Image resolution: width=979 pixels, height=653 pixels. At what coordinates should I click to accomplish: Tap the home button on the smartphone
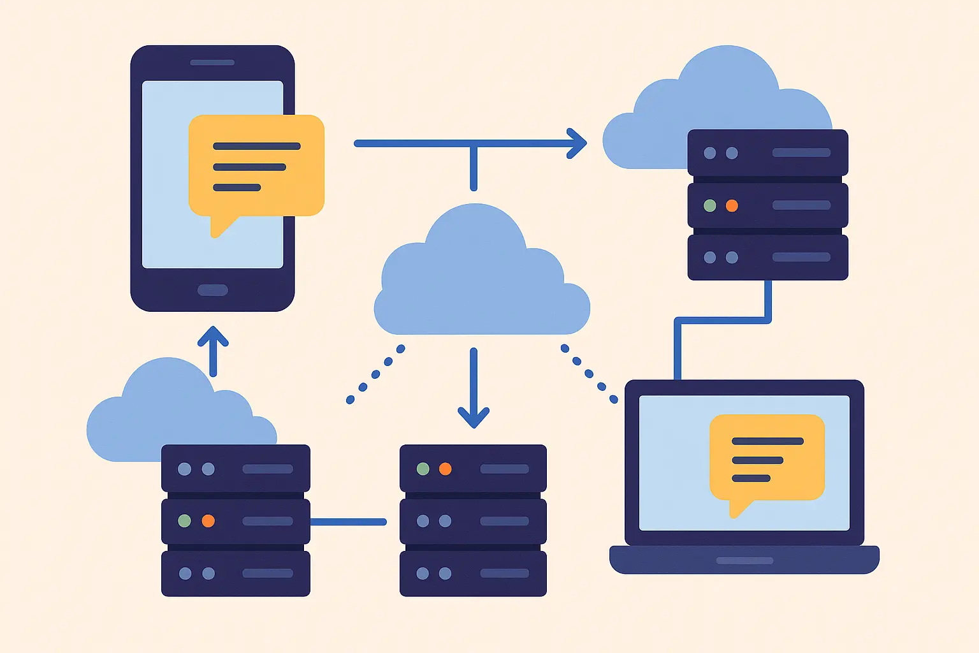click(213, 290)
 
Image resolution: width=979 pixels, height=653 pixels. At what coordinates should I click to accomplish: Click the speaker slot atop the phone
click(212, 62)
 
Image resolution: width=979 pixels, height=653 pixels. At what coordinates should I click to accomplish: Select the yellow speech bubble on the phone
click(256, 166)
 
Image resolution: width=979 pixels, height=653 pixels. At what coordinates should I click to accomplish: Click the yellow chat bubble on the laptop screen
click(767, 458)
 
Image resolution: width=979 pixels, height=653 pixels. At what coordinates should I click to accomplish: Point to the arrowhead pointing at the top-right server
click(577, 143)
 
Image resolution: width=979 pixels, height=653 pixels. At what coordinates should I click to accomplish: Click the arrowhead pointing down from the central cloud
click(474, 418)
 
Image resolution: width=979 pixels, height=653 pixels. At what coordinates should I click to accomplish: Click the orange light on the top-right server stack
click(732, 206)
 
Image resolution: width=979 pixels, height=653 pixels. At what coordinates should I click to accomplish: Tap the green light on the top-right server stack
click(709, 206)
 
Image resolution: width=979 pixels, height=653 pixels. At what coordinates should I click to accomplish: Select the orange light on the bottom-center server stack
click(445, 469)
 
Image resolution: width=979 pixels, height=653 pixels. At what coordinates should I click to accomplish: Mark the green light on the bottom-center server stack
click(423, 469)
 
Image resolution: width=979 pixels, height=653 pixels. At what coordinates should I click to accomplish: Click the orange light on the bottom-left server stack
click(208, 521)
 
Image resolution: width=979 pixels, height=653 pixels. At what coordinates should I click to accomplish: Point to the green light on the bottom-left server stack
click(184, 521)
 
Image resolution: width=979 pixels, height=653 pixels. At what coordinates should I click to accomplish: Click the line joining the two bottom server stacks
click(348, 522)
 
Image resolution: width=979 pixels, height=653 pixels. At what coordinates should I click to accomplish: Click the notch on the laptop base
click(744, 561)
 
